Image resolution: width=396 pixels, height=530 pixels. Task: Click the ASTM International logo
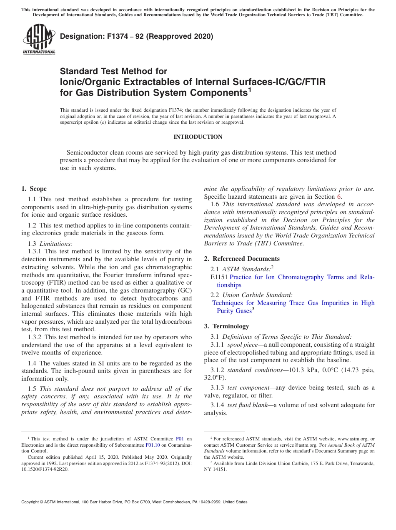coord(38,40)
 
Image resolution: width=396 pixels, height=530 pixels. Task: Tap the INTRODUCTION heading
coord(198,137)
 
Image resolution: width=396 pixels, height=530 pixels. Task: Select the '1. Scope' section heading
coord(34,189)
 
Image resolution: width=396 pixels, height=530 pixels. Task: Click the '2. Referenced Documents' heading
coord(242,259)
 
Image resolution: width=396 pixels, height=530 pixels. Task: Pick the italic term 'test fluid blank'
coord(246,405)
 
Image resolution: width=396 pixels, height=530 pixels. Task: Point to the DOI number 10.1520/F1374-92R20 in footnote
coord(45,469)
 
